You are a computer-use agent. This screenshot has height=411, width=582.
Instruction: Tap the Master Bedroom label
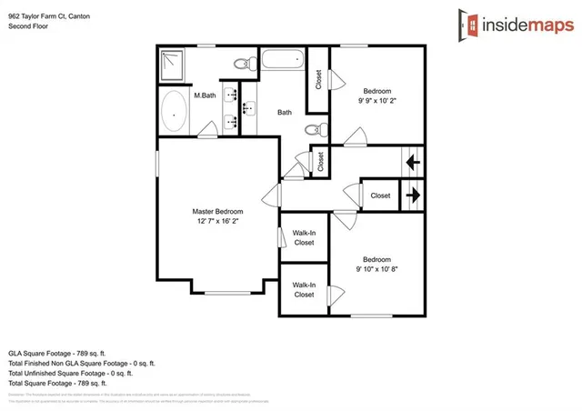point(217,211)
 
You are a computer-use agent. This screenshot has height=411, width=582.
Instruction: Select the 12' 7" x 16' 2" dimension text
point(217,221)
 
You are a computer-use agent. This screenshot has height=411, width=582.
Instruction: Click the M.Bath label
point(204,95)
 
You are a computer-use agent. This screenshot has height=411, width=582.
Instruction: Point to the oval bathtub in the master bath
point(174,114)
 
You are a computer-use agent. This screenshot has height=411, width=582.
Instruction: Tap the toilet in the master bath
point(243,63)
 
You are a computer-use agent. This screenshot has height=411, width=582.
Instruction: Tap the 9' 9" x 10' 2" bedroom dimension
point(376,102)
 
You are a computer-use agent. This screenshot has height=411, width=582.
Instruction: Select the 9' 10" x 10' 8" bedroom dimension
point(376,268)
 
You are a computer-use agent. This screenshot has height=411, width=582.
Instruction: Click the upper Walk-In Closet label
point(304,237)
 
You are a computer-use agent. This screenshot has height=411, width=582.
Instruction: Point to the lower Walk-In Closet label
point(304,290)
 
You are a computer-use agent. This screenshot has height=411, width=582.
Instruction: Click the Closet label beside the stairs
point(380,195)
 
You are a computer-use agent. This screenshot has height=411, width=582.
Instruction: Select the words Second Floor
point(27,26)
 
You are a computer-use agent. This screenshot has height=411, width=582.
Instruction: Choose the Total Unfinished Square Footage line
point(70,373)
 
